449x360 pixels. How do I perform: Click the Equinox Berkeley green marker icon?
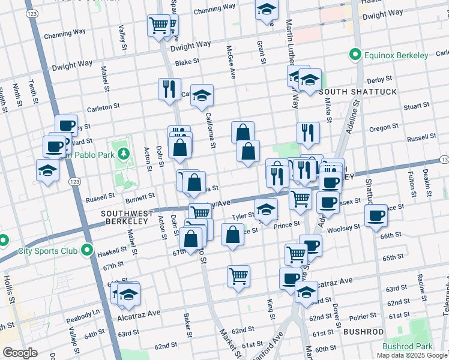pos(355,56)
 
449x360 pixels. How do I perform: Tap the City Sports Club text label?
pos(49,250)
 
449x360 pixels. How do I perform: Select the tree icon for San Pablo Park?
pos(124,154)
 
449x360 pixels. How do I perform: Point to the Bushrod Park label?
pos(407,347)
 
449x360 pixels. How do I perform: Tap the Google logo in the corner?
pos(20,353)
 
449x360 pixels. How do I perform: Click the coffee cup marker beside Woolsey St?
pos(376,215)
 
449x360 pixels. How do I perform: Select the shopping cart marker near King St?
pos(238,276)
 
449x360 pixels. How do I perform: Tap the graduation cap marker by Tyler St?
pos(266,209)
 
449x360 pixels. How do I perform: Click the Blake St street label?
pos(187,62)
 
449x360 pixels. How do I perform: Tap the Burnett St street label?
pos(140,196)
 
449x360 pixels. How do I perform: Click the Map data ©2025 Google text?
pos(412,355)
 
